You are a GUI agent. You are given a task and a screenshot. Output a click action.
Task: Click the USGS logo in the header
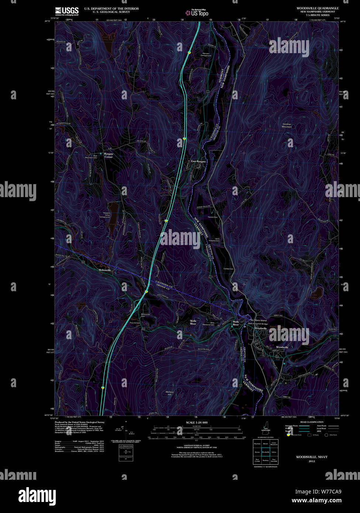click(67, 11)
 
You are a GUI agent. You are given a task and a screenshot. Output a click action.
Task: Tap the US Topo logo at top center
click(197, 13)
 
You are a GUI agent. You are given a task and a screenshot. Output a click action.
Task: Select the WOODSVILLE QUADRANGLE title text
click(317, 8)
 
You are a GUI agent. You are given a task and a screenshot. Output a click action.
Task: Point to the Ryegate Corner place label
click(109, 155)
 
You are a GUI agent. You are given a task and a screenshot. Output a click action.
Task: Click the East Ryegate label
click(198, 162)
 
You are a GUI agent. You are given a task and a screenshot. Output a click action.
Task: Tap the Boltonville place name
click(105, 270)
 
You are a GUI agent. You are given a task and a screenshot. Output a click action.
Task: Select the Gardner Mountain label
click(287, 125)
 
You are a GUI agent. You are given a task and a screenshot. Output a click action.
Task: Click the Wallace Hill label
click(169, 393)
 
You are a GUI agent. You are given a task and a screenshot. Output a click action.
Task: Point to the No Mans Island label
click(258, 320)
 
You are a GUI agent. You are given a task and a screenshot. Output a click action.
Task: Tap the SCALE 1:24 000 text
click(197, 422)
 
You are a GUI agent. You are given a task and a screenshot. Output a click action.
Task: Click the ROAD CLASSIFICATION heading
click(312, 422)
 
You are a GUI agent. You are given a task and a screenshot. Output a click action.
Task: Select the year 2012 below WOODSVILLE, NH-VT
click(312, 461)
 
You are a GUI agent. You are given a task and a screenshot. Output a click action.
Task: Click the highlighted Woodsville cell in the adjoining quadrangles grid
click(265, 452)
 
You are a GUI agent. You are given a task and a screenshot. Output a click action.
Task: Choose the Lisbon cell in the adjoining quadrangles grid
click(274, 452)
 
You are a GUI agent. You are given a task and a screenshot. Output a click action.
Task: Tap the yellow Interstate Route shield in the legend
click(288, 435)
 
